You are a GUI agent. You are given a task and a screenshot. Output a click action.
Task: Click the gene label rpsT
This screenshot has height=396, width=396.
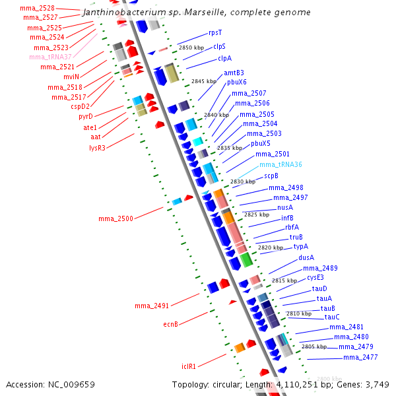click(x=216, y=32)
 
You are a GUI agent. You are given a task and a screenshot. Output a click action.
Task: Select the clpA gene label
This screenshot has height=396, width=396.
click(x=224, y=59)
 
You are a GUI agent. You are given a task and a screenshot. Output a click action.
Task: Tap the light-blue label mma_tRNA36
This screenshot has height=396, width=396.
click(x=280, y=164)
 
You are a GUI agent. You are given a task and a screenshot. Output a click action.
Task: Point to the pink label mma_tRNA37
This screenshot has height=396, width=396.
click(x=51, y=57)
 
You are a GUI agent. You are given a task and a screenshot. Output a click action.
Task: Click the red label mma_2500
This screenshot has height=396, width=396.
click(x=115, y=218)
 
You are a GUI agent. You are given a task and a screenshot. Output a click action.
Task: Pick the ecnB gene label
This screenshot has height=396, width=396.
click(x=171, y=324)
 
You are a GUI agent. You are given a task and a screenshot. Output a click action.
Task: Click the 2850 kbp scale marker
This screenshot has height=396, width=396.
click(x=191, y=48)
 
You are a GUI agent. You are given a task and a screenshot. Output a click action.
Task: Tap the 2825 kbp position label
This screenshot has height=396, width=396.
click(x=256, y=214)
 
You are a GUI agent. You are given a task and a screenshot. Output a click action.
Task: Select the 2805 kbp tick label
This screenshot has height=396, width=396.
click(x=314, y=346)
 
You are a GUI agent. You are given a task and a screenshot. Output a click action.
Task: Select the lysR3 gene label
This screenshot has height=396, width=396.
click(x=97, y=147)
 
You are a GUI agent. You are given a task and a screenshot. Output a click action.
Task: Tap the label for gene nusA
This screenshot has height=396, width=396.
click(x=285, y=207)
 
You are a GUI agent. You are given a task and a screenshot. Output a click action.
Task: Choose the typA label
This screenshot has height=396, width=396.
click(x=301, y=246)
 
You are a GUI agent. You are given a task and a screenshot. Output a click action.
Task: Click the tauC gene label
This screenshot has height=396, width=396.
click(x=332, y=317)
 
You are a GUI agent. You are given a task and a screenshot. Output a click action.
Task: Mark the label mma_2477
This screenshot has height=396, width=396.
click(x=360, y=357)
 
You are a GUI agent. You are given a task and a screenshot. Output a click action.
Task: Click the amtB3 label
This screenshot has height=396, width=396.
click(x=234, y=73)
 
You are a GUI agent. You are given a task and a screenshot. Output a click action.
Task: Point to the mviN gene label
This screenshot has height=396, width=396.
click(x=71, y=77)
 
